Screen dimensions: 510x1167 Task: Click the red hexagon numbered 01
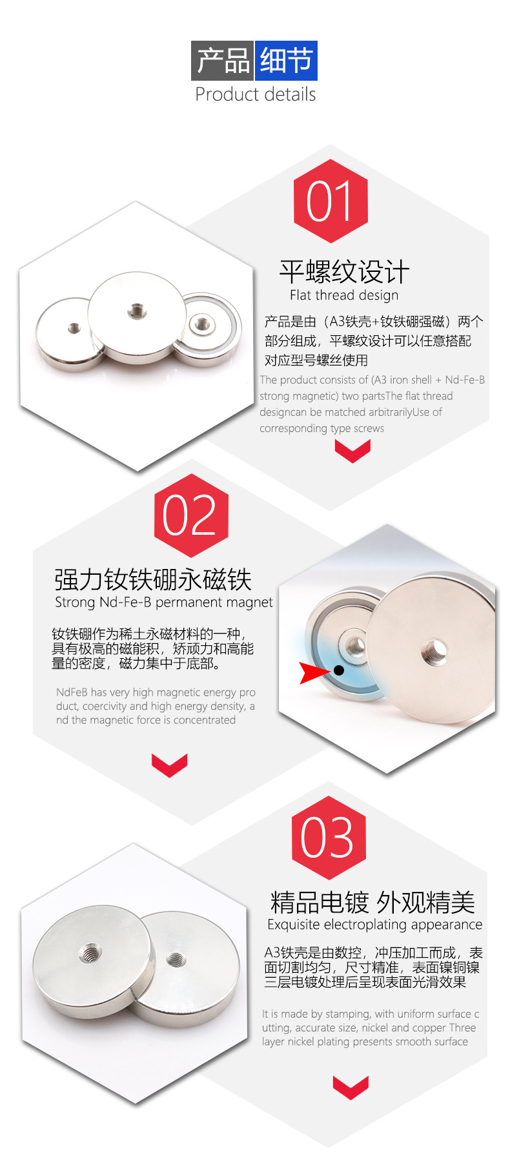(331, 201)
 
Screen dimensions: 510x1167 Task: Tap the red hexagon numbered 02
(191, 515)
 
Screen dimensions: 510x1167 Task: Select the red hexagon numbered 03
(329, 838)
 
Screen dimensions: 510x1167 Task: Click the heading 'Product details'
(256, 94)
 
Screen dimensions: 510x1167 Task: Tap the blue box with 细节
(286, 61)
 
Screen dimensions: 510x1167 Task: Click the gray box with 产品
(223, 61)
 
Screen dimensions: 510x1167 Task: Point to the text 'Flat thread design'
(344, 295)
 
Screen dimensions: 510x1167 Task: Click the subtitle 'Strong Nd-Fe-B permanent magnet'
(164, 603)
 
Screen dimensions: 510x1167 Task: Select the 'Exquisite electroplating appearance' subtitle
(375, 924)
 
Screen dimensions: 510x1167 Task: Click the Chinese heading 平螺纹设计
(344, 272)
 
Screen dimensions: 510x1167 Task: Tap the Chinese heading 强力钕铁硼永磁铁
(152, 579)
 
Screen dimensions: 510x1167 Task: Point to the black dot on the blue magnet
(339, 670)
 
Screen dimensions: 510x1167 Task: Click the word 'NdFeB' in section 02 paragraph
(72, 692)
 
